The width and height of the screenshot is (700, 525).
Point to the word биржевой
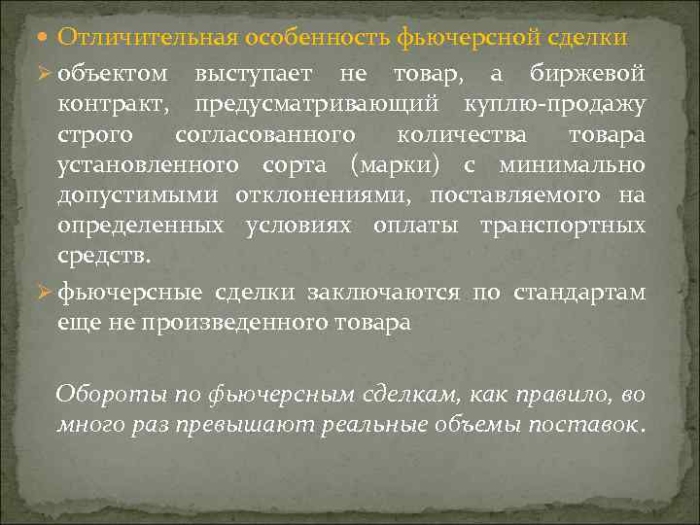tap(587, 73)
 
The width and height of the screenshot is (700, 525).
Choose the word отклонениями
tap(317, 194)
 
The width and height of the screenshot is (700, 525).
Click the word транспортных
tap(562, 226)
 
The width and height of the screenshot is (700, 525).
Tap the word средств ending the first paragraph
tap(103, 256)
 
